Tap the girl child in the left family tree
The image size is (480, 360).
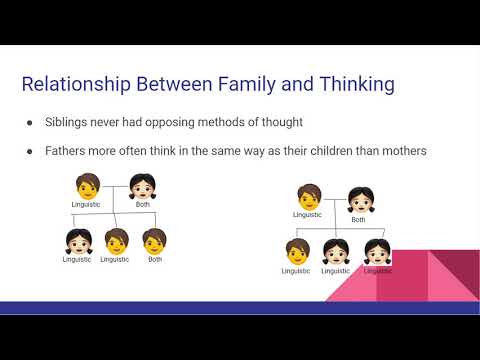coord(78,241)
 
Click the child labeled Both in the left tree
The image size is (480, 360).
coord(154,241)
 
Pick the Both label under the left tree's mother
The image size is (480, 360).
coord(143,204)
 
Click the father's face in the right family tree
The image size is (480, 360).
coord(307,195)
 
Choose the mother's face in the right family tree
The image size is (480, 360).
coord(360,201)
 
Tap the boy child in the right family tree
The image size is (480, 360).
coord(296,251)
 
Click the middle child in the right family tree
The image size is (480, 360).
coord(336,251)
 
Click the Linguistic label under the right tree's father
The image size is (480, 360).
coord(307,214)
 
